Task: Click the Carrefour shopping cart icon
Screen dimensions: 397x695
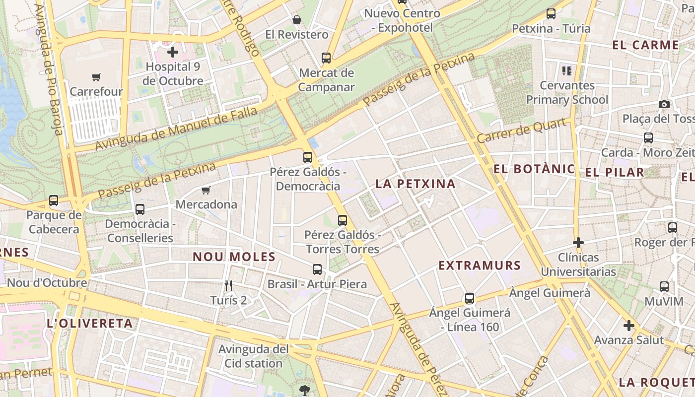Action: point(96,77)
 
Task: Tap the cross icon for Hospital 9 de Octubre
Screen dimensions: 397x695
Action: point(172,52)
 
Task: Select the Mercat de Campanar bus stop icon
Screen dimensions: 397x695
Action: point(326,58)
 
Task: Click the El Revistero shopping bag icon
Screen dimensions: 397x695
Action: point(297,20)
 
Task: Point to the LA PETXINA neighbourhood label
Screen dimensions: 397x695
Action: point(415,184)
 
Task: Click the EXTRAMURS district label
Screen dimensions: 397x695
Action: point(480,265)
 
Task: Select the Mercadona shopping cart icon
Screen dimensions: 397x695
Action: point(206,190)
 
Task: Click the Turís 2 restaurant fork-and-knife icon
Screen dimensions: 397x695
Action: point(228,286)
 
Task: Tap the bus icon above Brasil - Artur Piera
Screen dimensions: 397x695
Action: point(317,269)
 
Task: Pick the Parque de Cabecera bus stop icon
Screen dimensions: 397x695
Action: point(54,200)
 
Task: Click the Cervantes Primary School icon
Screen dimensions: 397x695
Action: point(567,71)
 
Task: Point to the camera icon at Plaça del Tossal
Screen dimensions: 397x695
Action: point(664,104)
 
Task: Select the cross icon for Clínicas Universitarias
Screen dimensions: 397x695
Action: point(578,243)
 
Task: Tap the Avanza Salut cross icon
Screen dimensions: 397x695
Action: point(628,326)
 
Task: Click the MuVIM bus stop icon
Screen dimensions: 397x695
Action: point(664,286)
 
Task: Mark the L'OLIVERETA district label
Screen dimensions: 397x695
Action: point(89,324)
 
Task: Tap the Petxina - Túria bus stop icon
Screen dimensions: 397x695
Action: point(551,14)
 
